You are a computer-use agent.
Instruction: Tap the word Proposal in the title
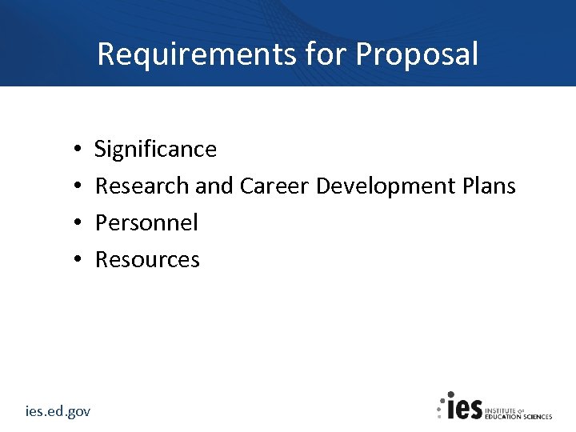click(417, 54)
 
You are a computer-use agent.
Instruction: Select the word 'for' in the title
click(314, 54)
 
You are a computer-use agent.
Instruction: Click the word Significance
click(155, 150)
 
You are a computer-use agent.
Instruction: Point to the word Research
click(142, 186)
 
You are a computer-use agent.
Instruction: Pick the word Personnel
click(146, 223)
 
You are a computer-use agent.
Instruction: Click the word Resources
click(147, 260)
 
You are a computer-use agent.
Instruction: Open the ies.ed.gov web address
click(58, 411)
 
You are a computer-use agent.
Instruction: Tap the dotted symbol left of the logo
click(440, 406)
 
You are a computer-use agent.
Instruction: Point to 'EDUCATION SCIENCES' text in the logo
click(519, 416)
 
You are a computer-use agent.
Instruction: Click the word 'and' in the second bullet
click(213, 186)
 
